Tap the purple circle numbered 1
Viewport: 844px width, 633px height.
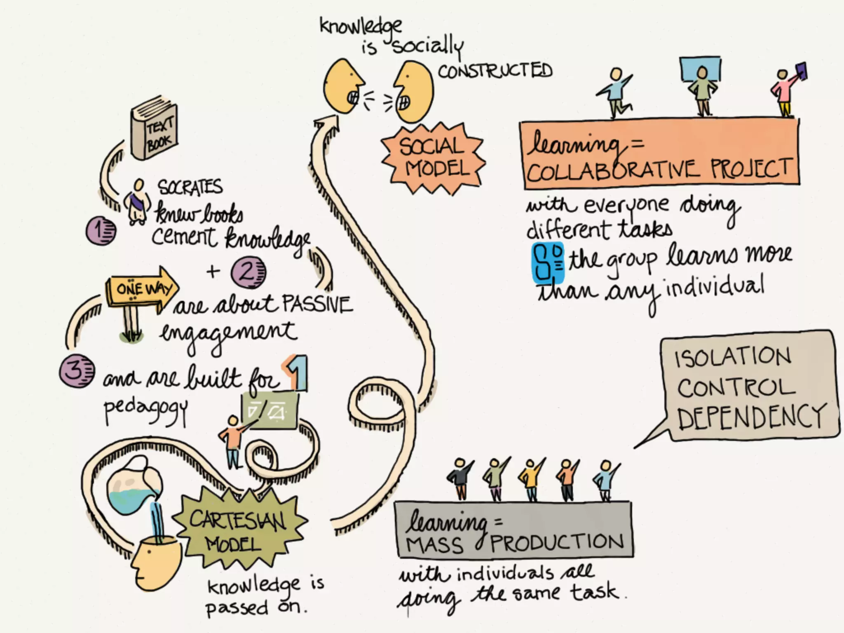coord(101,231)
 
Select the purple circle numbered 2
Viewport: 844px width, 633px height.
coord(248,272)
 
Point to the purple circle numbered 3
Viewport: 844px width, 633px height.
coord(77,370)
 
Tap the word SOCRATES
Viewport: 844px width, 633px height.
coord(190,188)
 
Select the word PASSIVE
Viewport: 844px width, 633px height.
coord(317,305)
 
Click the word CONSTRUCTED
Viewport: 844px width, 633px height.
coord(495,71)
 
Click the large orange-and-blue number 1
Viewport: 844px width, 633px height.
coord(296,373)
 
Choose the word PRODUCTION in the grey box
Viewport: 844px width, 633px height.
coord(556,542)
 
